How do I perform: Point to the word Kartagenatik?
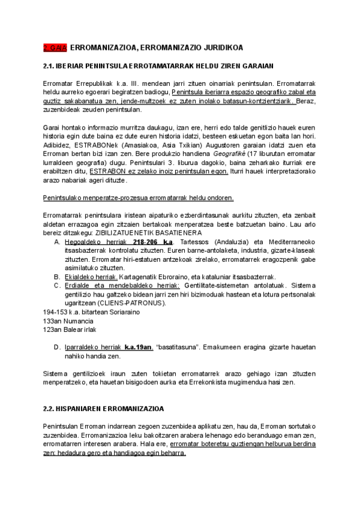139,277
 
